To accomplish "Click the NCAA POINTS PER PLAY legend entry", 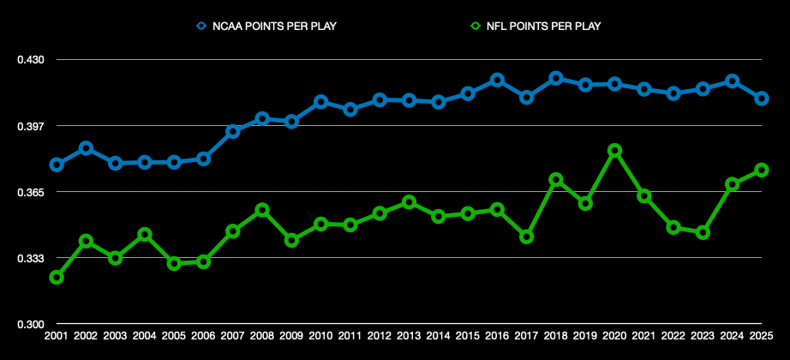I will pos(266,26).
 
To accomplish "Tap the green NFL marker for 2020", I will pos(614,150).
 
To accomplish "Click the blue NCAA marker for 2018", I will pos(555,78).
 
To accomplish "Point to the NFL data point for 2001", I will pos(57,277).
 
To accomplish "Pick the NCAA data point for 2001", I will pos(57,165).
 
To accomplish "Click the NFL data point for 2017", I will pos(526,237).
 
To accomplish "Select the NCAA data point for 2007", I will pos(232,131).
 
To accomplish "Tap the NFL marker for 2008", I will pos(262,210).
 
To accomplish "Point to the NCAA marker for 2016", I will pos(497,80).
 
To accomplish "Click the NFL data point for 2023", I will pos(703,232).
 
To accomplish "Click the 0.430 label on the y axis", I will pos(30,60).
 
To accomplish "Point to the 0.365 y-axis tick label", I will pos(30,192).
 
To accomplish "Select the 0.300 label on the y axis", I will pos(30,324).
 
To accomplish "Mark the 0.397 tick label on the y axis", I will pos(30,126).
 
